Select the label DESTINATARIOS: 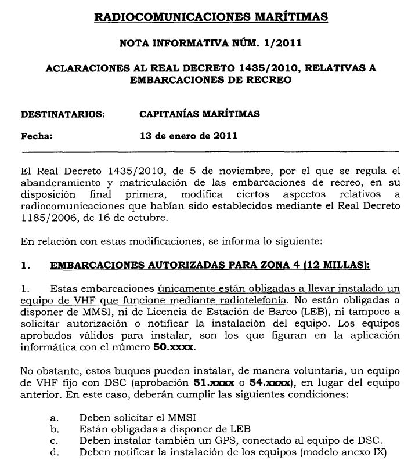point(63,114)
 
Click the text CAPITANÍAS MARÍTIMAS point(200,114)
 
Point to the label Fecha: point(37,137)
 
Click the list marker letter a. point(55,418)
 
